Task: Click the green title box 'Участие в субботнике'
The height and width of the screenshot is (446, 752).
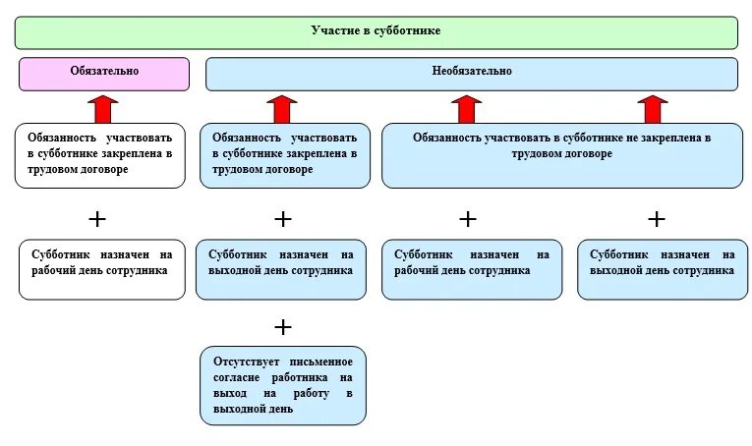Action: coord(376,32)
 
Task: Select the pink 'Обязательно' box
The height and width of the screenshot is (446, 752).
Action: coord(103,74)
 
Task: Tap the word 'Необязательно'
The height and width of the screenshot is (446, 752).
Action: coord(472,72)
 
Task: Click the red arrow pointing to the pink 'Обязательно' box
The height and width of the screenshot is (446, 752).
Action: coord(102,107)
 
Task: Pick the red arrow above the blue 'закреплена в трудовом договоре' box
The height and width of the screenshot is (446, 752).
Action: coord(282,107)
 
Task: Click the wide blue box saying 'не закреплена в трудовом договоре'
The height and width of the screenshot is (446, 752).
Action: coord(562,155)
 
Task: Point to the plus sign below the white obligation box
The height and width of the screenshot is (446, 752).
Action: coord(98,218)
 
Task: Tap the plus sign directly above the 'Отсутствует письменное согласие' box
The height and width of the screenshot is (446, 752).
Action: coord(283,326)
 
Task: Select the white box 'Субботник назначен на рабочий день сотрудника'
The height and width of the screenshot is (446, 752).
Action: coord(102,268)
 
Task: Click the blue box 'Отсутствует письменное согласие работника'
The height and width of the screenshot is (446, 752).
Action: coord(283,385)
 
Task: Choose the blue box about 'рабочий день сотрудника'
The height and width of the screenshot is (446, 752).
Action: coord(472,268)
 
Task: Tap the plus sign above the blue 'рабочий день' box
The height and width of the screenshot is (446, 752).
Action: coord(468,218)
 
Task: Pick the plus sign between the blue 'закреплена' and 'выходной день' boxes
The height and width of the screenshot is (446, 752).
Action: coord(283,218)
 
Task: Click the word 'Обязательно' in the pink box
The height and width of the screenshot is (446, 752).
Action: coord(104,71)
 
